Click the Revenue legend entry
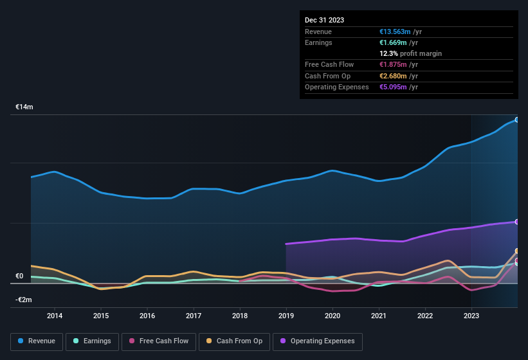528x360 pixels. (x=37, y=341)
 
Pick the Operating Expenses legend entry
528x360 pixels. (x=318, y=341)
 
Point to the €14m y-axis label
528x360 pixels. (x=24, y=107)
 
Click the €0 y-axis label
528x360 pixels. (x=19, y=276)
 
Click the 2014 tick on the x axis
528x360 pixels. (x=55, y=316)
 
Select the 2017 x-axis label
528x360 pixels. (x=194, y=316)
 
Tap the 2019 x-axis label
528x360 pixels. (x=286, y=316)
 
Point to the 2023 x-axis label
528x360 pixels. (x=471, y=316)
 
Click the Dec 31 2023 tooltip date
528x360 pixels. (x=324, y=20)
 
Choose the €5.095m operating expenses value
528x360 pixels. (x=398, y=87)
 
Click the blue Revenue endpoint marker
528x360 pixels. (x=516, y=120)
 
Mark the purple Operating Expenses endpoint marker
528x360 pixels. (x=516, y=222)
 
